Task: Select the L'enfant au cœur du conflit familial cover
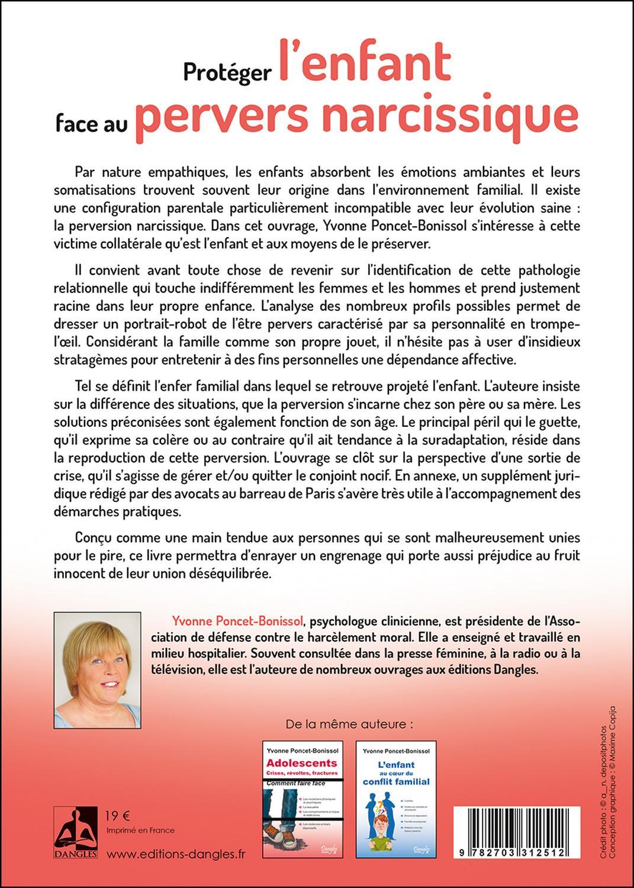pyautogui.click(x=396, y=798)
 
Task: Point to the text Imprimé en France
pyautogui.click(x=140, y=830)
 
